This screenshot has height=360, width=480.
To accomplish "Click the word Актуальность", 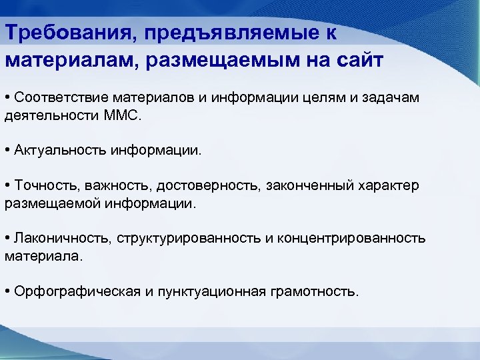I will (x=58, y=150).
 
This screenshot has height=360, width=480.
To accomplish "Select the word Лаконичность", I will (x=61, y=239).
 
